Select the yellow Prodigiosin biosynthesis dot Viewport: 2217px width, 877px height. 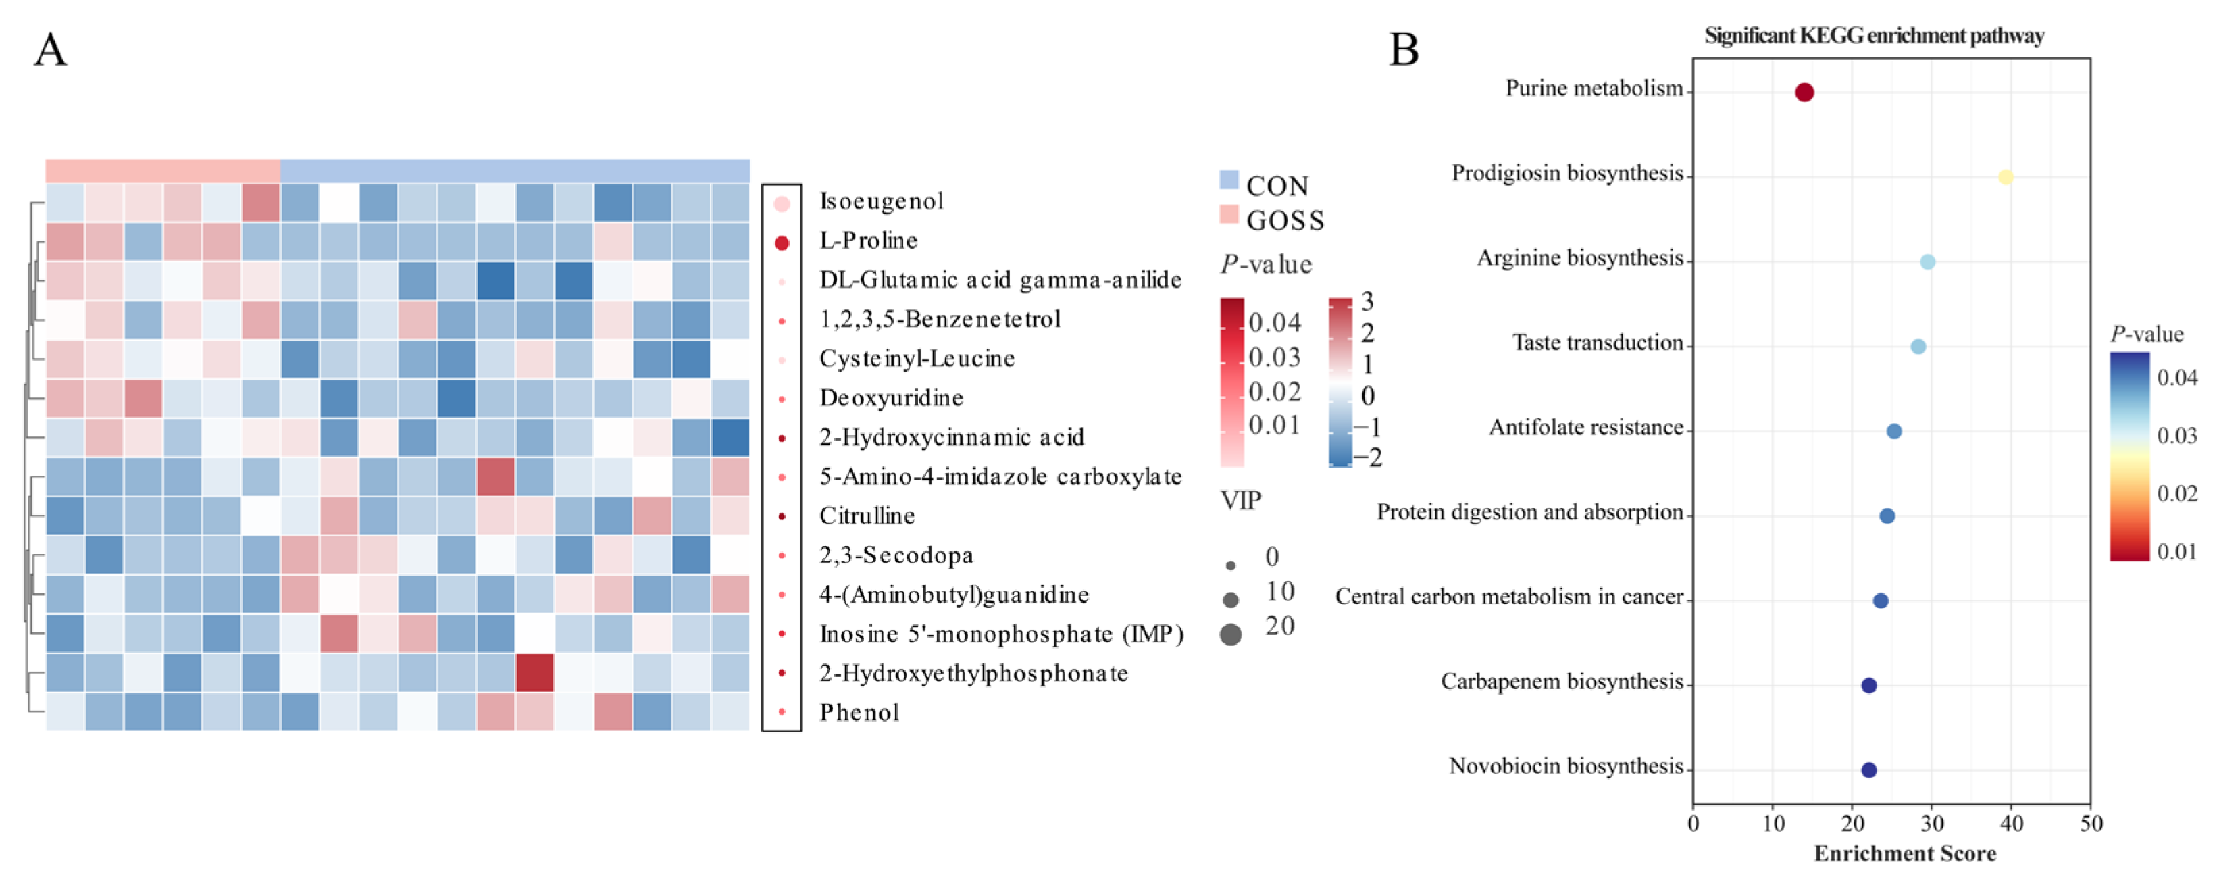(2006, 177)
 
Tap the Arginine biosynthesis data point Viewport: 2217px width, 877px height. (1928, 261)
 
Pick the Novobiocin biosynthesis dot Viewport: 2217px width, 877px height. (1868, 770)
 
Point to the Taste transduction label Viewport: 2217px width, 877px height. (1598, 343)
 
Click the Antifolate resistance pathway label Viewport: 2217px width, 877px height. (1585, 428)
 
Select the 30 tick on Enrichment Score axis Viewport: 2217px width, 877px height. (1932, 824)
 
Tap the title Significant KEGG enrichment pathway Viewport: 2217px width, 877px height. (1874, 35)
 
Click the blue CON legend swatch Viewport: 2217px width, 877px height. (1229, 180)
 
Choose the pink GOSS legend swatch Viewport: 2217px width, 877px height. (1229, 214)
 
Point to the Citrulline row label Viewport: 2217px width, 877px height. (867, 516)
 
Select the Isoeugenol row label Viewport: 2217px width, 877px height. (882, 201)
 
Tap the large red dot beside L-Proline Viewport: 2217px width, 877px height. (782, 243)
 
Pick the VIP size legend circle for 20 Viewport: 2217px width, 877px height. (1231, 634)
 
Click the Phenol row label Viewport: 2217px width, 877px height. (859, 713)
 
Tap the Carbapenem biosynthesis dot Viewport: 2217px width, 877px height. (1868, 686)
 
